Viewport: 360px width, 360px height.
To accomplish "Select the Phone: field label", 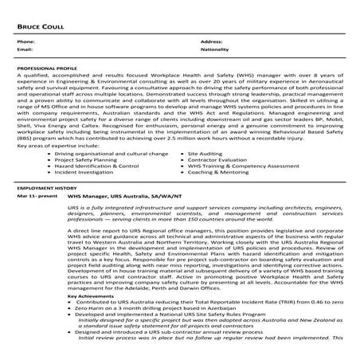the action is pyautogui.click(x=25, y=41).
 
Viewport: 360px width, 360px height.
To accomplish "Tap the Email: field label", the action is pyautogui.click(x=25, y=49).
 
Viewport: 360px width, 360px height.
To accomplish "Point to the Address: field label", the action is pyautogui.click(x=211, y=41).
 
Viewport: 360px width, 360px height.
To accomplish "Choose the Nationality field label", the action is pyautogui.click(x=215, y=49).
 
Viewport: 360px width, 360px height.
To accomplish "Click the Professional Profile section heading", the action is pyautogui.click(x=45, y=71).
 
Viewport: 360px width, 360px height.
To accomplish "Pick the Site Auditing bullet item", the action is pyautogui.click(x=206, y=151).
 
